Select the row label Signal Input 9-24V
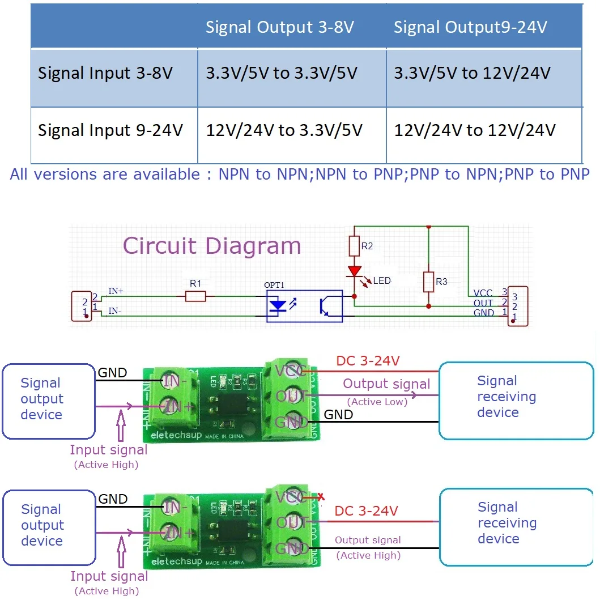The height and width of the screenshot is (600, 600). tap(110, 131)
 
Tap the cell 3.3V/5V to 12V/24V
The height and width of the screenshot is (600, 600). tap(472, 74)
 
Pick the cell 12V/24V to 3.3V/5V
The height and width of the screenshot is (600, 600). tap(284, 131)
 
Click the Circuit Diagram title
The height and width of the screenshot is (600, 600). tap(212, 246)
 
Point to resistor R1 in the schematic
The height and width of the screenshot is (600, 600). tap(195, 295)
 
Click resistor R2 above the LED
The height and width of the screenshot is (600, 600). tap(355, 246)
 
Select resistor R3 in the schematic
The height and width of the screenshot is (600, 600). tap(428, 281)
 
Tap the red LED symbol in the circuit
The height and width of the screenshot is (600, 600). tap(355, 273)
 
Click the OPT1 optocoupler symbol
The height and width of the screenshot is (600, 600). tap(304, 306)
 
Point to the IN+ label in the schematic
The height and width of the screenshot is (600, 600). tap(116, 291)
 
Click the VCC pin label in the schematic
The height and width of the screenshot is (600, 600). tap(483, 293)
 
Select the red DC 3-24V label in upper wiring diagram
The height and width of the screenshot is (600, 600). tap(368, 361)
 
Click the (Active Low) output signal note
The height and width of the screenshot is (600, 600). tap(377, 402)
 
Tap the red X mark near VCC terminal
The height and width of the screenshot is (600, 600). tap(321, 497)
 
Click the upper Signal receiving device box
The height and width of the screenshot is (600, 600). tap(516, 401)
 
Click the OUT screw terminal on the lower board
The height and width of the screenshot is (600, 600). tap(292, 522)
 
